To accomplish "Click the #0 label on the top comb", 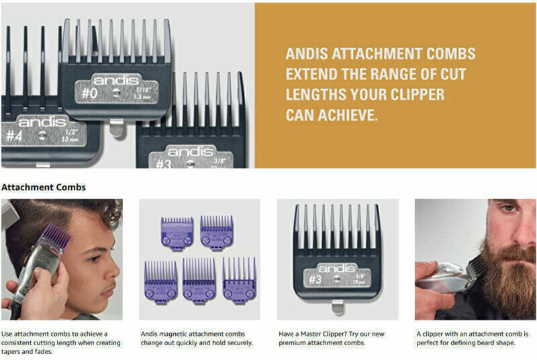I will [x=90, y=93].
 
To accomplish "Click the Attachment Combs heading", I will [x=44, y=187].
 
